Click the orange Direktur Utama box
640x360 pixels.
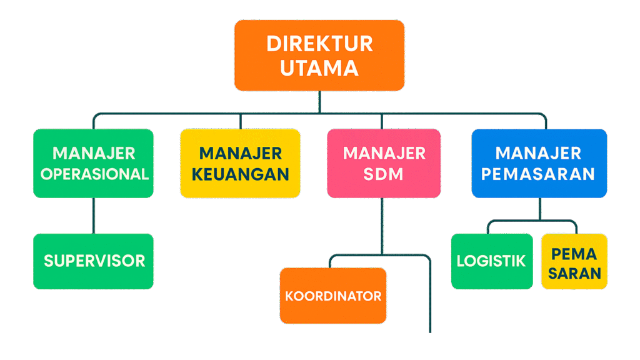click(x=319, y=55)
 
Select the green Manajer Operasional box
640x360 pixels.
click(x=94, y=163)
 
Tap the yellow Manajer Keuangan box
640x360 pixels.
click(x=240, y=163)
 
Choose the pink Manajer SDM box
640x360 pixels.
click(x=384, y=163)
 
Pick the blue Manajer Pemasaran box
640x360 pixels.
click(x=539, y=163)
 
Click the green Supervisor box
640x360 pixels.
click(x=94, y=261)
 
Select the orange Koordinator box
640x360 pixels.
click(x=333, y=296)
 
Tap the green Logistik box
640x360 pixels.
click(x=491, y=261)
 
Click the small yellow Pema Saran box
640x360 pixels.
click(x=574, y=261)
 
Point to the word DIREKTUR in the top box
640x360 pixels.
click(x=319, y=44)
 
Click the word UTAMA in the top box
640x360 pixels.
click(x=319, y=67)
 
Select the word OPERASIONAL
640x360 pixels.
click(x=94, y=174)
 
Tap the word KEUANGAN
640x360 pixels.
click(x=240, y=174)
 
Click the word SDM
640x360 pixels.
click(x=384, y=174)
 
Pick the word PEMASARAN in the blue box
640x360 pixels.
click(x=539, y=174)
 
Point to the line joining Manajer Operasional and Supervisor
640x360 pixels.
click(x=94, y=216)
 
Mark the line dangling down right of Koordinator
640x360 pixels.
click(x=430, y=300)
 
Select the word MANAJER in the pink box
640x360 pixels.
click(x=384, y=153)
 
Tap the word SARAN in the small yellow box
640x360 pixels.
click(x=574, y=273)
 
